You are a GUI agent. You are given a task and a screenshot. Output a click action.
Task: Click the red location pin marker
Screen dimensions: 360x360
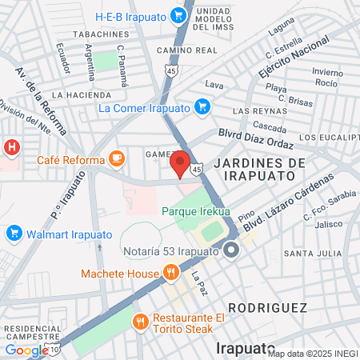tap(181, 163)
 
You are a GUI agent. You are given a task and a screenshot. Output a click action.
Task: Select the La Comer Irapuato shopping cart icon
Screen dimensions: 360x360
tap(202, 106)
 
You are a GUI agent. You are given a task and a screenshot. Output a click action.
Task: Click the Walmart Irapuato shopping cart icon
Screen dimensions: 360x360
tap(13, 233)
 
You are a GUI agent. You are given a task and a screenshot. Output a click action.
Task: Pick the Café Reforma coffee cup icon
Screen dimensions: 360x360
tap(117, 158)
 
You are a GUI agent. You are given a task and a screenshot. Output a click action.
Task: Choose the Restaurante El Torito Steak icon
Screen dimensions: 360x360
tap(141, 322)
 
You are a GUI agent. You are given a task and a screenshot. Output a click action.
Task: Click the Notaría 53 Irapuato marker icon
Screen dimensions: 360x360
tap(232, 251)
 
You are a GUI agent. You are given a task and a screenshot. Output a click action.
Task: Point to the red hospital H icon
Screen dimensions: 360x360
tap(11, 148)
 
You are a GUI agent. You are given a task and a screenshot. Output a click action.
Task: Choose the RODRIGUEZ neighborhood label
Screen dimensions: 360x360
tap(267, 307)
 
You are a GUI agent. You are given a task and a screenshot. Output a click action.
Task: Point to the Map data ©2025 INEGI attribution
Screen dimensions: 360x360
tap(312, 354)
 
